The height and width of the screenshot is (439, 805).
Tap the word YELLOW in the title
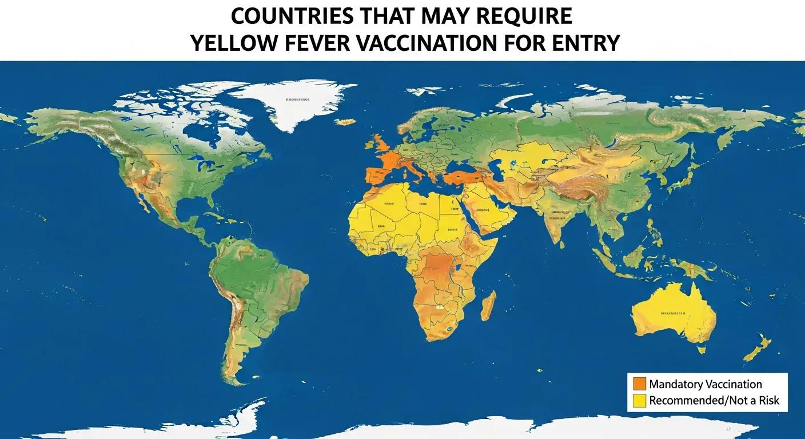click(x=232, y=43)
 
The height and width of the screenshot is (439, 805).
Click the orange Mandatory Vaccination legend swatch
click(x=639, y=384)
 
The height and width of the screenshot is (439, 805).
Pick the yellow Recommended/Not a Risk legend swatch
click(x=639, y=401)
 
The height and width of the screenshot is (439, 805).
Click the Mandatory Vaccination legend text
click(x=706, y=384)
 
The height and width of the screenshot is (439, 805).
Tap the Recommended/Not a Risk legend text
click(x=714, y=401)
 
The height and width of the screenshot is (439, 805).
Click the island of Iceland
click(x=345, y=122)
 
